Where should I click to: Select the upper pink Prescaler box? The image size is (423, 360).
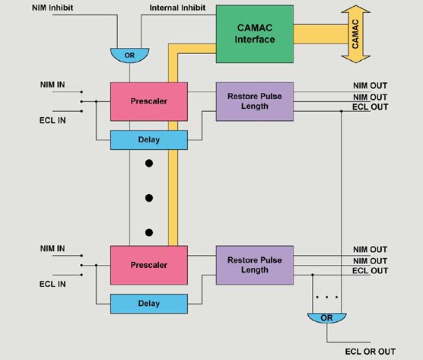tap(149, 100)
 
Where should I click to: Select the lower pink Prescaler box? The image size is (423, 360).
tap(149, 265)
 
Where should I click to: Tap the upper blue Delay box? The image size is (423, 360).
tap(149, 140)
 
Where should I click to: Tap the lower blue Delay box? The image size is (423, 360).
tap(149, 304)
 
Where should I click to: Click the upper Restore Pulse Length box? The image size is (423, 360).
tap(255, 100)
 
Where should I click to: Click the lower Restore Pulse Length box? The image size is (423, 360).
tap(255, 265)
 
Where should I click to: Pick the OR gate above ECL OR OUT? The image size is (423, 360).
tap(326, 318)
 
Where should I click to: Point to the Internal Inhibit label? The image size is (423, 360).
tap(175, 9)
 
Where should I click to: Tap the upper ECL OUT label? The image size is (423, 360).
tap(370, 107)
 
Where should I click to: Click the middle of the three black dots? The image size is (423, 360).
tap(149, 198)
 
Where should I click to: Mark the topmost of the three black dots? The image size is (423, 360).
tap(149, 164)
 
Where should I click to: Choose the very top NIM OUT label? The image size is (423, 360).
tap(370, 85)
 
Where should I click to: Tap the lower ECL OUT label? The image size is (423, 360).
tap(370, 271)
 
